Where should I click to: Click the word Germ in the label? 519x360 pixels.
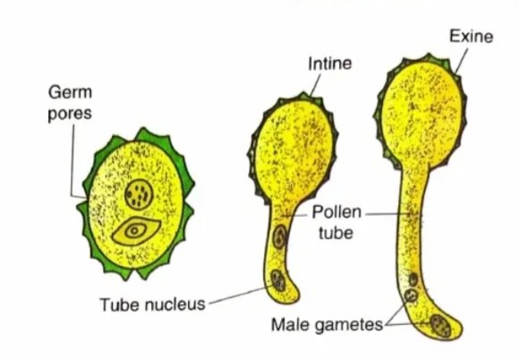click(70, 92)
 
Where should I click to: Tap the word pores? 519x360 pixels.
click(70, 114)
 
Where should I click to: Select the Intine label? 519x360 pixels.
click(329, 64)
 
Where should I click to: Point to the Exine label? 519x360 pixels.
click(471, 36)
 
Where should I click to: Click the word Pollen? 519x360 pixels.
click(336, 211)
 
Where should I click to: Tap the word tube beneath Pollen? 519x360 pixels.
click(336, 233)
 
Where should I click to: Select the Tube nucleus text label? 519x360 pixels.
click(153, 304)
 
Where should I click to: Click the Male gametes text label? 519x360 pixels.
click(327, 324)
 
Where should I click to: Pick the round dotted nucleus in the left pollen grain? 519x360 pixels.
click(139, 194)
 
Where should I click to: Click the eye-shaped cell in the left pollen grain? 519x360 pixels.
click(136, 231)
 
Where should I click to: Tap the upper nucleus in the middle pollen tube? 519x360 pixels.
click(280, 236)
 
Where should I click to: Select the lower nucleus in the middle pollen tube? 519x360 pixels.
click(278, 280)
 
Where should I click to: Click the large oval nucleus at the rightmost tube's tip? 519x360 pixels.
click(440, 326)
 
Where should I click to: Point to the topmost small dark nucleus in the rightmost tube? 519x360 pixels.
click(413, 280)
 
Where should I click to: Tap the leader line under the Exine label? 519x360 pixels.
click(462, 61)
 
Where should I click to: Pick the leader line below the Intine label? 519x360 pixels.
click(316, 85)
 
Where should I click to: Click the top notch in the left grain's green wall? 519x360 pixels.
click(135, 138)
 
